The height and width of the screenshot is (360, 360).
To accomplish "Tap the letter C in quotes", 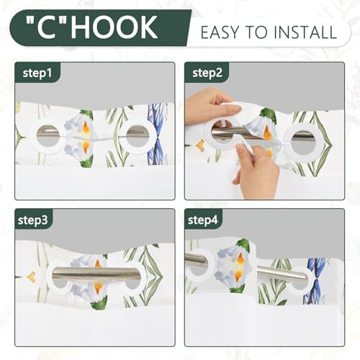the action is [50, 27].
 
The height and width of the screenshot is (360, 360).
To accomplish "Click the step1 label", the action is [37, 73].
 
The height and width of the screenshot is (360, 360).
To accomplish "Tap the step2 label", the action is [207, 73].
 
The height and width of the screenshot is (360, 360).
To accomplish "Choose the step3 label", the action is [32, 220].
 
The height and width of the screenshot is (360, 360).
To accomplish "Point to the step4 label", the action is [202, 220].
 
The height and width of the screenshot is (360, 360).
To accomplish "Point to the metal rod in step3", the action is [96, 274].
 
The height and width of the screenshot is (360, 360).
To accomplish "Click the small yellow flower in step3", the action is [31, 276].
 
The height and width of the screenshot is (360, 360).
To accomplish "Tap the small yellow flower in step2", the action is [200, 144].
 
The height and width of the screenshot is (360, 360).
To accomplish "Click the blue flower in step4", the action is [316, 280].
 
